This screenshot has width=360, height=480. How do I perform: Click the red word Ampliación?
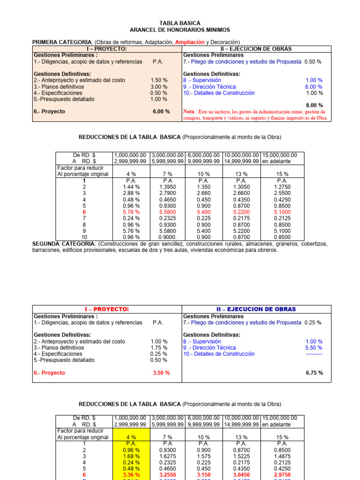[x=189, y=42]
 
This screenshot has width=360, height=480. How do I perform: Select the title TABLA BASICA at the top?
[x=180, y=23]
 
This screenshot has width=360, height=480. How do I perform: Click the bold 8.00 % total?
[x=314, y=105]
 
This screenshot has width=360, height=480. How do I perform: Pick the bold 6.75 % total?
[x=314, y=373]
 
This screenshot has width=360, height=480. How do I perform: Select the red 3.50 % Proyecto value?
[x=161, y=373]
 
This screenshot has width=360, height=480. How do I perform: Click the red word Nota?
[x=190, y=112]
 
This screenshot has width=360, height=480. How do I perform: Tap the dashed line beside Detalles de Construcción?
[x=311, y=354]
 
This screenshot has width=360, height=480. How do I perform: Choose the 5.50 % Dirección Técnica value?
[x=314, y=348]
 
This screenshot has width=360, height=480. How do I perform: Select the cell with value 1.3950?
[x=168, y=187]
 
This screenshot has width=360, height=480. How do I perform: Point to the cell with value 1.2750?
[x=282, y=187]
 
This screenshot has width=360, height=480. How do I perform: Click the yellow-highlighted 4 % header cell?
[x=131, y=437]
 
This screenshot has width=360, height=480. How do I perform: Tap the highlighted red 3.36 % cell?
[x=131, y=474]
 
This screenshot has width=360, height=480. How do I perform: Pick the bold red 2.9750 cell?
[x=282, y=474]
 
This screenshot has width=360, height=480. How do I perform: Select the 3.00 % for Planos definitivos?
[x=159, y=87]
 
